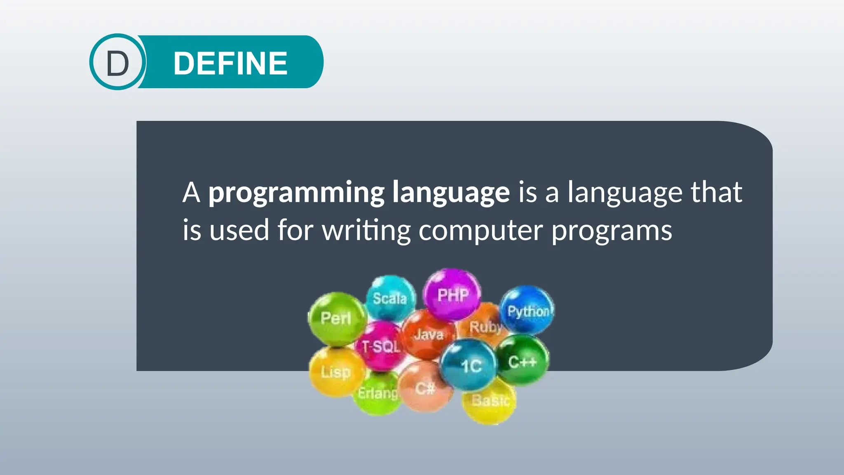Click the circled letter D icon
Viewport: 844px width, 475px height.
click(x=117, y=62)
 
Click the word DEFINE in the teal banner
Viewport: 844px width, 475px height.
click(x=230, y=63)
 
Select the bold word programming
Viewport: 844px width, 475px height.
click(x=296, y=193)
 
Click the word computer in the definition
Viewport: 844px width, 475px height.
click(x=480, y=230)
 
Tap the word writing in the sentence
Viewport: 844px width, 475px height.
click(x=366, y=230)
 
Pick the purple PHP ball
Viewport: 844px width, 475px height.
click(x=452, y=294)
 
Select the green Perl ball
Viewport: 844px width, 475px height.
click(x=336, y=318)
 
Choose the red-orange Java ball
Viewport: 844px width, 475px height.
click(x=428, y=334)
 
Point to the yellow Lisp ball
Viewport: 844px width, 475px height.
click(x=335, y=372)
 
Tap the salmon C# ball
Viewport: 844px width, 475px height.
click(x=424, y=388)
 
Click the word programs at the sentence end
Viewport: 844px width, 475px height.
click(x=612, y=230)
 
